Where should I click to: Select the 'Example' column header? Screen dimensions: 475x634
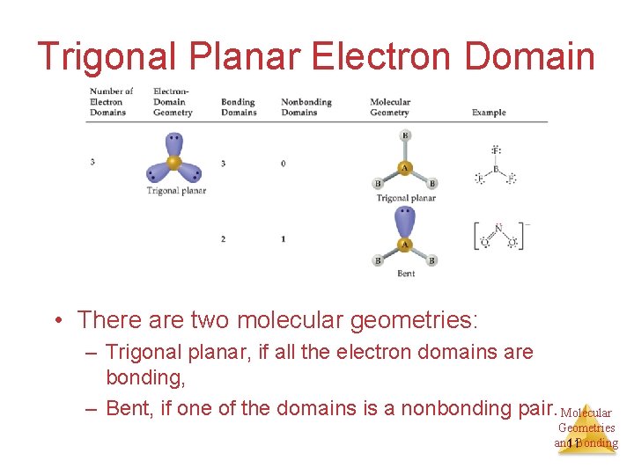tap(489, 113)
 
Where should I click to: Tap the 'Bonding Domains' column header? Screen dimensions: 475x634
tap(239, 107)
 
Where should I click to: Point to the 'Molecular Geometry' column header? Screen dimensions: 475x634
tap(389, 107)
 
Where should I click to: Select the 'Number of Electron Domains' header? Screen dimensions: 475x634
tap(110, 101)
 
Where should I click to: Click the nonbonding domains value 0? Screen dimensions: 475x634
tap(284, 164)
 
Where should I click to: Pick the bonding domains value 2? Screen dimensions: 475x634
tap(223, 239)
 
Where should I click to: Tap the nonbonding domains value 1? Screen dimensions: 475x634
tap(284, 239)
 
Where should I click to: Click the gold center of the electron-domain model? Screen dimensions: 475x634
tap(174, 163)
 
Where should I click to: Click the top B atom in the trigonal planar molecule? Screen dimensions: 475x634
tap(405, 135)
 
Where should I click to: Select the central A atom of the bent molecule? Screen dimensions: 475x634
tap(405, 244)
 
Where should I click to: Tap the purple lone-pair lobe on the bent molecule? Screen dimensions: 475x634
tap(405, 220)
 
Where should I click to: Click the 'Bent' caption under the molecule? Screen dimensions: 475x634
tap(406, 274)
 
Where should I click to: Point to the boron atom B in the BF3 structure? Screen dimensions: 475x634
tap(496, 169)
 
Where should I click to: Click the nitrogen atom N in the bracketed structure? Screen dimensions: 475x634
tap(498, 229)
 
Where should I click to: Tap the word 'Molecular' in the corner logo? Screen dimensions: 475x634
tap(586, 413)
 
